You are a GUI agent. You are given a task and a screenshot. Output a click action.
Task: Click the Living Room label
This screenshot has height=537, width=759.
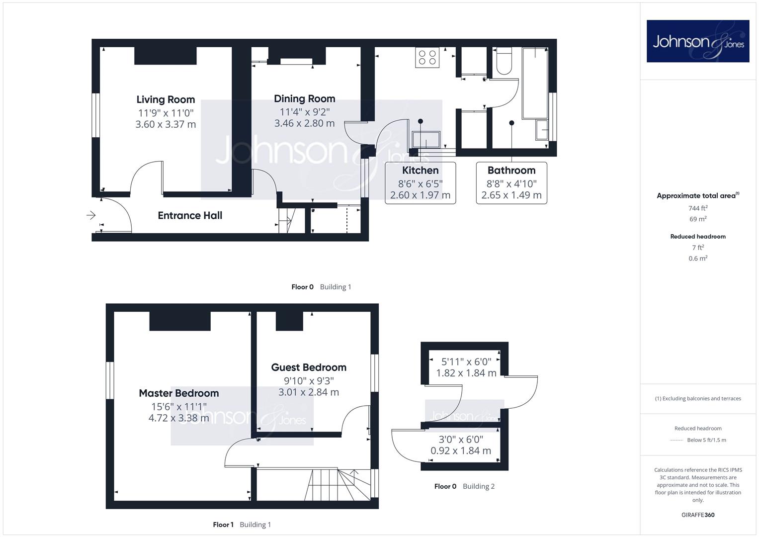pos(166,99)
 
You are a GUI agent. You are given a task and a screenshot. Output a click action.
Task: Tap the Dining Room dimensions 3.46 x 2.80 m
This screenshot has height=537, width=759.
pos(304,123)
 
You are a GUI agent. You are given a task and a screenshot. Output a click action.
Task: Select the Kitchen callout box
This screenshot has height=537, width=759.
pos(420,183)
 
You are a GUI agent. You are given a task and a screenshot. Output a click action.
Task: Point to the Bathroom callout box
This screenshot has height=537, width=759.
pos(511,183)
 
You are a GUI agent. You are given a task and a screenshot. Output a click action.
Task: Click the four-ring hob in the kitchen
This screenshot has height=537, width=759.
pos(427,57)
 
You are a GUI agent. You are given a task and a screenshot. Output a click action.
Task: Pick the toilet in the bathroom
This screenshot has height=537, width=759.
pos(504,61)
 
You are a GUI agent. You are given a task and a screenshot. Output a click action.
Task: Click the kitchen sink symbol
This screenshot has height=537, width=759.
pos(426,140)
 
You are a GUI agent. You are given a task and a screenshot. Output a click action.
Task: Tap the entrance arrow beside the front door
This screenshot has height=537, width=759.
pos(91,215)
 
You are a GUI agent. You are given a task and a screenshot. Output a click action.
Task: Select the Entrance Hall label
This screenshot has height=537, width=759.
pos(190,215)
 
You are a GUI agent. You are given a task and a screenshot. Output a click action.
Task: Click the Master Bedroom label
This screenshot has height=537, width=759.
pos(179,393)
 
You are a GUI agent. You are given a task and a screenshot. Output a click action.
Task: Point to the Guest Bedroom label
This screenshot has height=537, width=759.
pos(309,367)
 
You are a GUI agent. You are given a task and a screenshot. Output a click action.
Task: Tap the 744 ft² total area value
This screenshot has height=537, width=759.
pos(698,208)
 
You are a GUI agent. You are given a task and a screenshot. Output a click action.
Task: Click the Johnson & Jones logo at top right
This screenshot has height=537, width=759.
pos(698,41)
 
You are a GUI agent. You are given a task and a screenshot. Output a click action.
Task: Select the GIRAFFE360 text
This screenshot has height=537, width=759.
pos(698,515)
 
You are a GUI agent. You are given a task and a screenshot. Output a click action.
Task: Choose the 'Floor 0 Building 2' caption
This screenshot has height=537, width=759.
pos(464,486)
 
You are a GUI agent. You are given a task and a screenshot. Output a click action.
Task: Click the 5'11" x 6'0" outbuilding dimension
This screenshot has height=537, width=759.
pos(466,362)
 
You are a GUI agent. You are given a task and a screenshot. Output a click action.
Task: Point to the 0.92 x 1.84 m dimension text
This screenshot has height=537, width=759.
pos(461,450)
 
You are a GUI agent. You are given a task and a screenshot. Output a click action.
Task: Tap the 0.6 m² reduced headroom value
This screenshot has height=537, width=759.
pos(698,259)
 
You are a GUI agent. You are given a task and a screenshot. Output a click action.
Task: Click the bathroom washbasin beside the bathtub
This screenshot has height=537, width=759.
pos(542,129)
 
